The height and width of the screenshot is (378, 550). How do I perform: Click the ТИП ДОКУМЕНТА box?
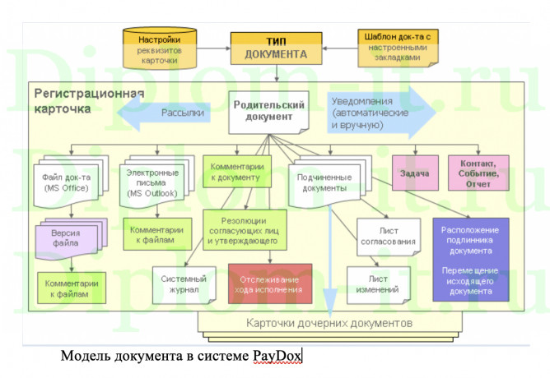pyautogui.click(x=276, y=48)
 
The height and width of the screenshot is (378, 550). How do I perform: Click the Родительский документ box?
pyautogui.click(x=269, y=111)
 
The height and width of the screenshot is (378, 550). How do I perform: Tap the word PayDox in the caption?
pyautogui.click(x=278, y=356)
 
